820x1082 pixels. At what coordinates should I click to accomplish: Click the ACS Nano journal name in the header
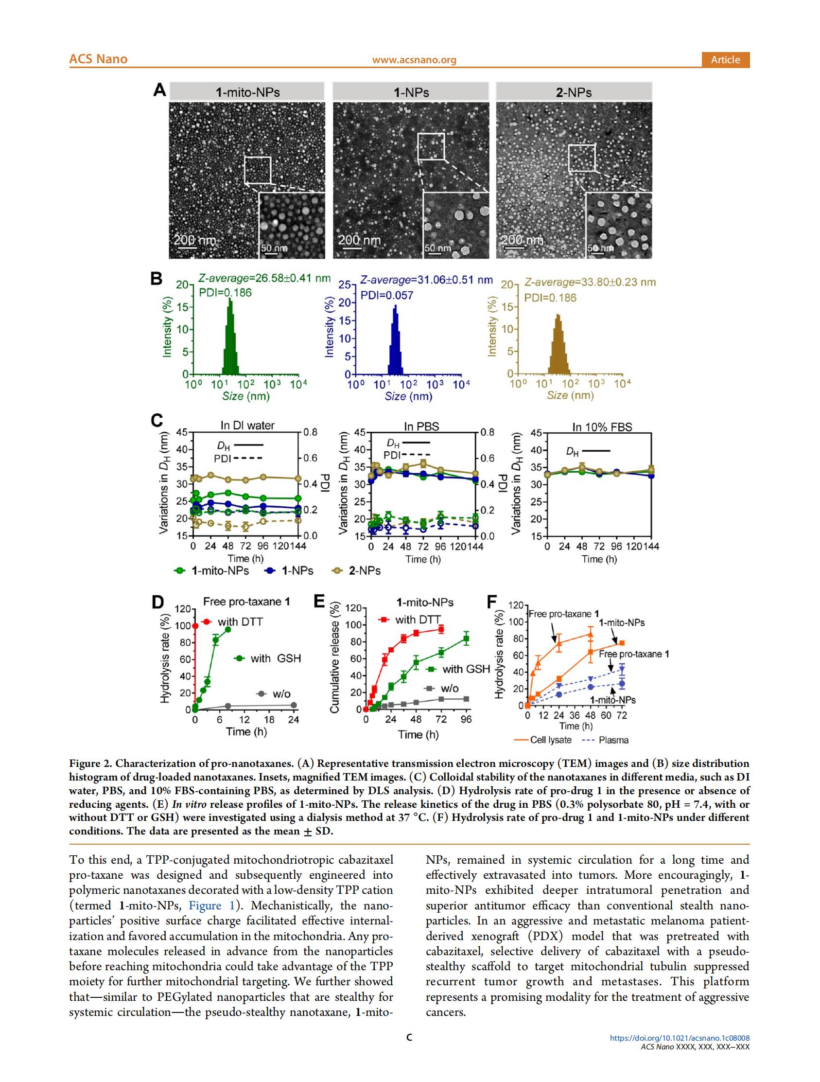(x=98, y=59)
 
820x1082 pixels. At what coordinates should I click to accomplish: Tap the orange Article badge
(x=725, y=60)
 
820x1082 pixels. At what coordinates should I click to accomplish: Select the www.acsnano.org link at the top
(x=414, y=60)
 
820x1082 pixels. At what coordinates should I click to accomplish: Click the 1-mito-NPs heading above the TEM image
(x=247, y=92)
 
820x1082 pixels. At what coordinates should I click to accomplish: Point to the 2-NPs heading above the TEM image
(x=574, y=92)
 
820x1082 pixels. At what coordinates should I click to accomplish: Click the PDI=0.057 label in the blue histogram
(x=387, y=296)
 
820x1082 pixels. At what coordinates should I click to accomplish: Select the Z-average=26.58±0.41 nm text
(x=264, y=279)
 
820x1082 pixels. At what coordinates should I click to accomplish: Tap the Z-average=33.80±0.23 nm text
(x=590, y=282)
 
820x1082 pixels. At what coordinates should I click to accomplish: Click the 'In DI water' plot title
(x=247, y=426)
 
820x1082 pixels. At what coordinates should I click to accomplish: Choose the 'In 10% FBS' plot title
(x=602, y=427)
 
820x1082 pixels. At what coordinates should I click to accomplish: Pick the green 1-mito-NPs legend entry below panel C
(x=212, y=571)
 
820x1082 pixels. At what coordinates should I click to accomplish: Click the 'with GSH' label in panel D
(x=275, y=658)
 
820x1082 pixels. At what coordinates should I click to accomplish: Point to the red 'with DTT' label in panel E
(x=418, y=620)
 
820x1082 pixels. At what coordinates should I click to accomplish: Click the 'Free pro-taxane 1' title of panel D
(x=246, y=602)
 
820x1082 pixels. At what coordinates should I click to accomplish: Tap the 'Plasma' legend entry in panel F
(x=606, y=740)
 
